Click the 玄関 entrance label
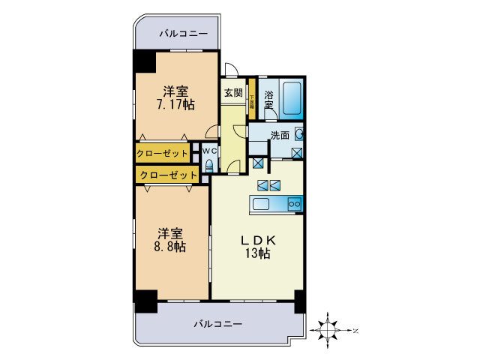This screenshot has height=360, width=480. coord(232,94)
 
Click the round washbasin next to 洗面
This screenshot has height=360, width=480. coord(298,135)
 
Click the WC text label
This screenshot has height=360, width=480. coord(209,149)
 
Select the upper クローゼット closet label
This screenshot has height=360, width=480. coord(163,154)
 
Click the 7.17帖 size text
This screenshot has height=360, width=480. coord(175,105)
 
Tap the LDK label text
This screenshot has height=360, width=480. coord(259,240)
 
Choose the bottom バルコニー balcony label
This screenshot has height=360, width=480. coord(217,324)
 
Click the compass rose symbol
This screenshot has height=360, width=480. coord(328,328)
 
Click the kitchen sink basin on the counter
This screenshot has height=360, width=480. coord(263,204)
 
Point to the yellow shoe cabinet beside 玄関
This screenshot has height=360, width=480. coord(253,97)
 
